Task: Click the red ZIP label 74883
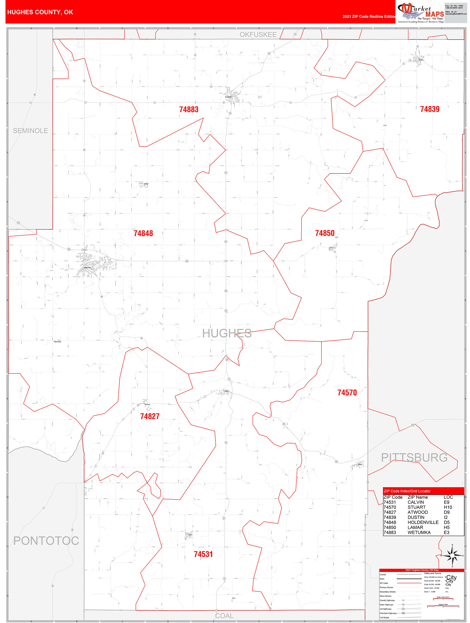click(x=189, y=109)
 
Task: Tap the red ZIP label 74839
click(x=430, y=109)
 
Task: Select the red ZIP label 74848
click(x=143, y=233)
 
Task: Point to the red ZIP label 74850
click(x=325, y=233)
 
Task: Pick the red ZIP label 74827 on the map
click(x=150, y=416)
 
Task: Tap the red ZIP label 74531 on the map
click(x=203, y=554)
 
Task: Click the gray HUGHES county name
click(x=227, y=333)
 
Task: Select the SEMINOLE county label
click(x=30, y=131)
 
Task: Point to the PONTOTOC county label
click(x=46, y=541)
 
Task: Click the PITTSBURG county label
click(x=414, y=457)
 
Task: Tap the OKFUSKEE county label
click(x=258, y=35)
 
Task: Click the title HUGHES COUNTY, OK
click(x=40, y=12)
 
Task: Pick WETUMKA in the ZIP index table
click(x=419, y=532)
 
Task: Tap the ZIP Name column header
click(x=418, y=497)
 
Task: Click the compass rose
click(x=452, y=556)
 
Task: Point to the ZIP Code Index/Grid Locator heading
click(x=407, y=491)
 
